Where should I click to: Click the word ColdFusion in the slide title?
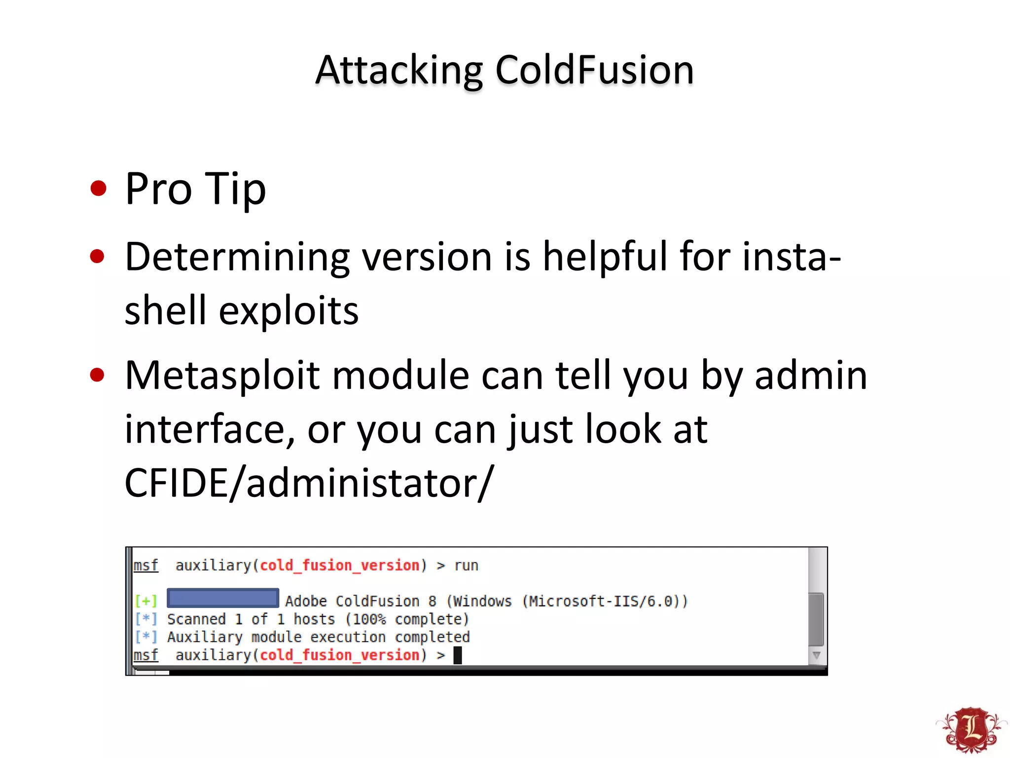point(594,70)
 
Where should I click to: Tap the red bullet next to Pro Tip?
point(99,188)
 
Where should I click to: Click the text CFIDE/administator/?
point(309,483)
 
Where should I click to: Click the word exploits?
point(289,311)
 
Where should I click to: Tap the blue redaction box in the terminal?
point(223,598)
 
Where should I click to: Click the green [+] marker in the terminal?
point(146,601)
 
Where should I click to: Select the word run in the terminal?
point(466,566)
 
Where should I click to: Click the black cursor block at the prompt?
point(458,655)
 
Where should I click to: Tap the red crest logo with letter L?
point(972,730)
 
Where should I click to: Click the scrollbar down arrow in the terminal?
point(816,655)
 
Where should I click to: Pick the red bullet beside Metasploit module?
point(98,376)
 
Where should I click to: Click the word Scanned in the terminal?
point(196,619)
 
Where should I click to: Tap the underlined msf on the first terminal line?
point(146,566)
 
